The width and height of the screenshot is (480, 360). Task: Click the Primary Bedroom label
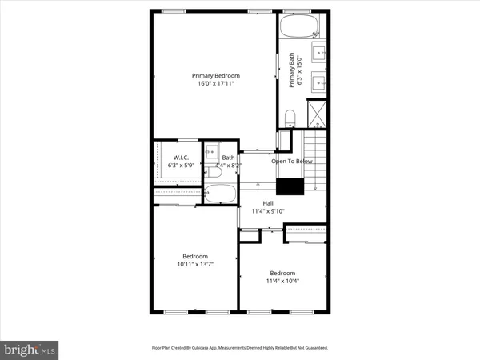(x=215, y=76)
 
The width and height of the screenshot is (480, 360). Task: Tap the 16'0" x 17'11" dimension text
(x=215, y=85)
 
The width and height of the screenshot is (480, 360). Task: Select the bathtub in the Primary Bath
(x=299, y=28)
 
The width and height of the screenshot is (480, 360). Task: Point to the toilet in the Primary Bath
(x=290, y=118)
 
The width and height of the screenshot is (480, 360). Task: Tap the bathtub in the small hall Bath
(x=219, y=194)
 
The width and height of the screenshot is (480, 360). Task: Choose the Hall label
(x=268, y=203)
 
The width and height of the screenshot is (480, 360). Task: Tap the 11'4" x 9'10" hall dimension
(x=268, y=211)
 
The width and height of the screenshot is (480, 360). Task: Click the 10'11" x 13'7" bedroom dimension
(x=194, y=264)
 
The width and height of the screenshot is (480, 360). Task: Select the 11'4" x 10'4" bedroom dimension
(x=282, y=280)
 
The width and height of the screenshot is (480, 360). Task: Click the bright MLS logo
(x=30, y=349)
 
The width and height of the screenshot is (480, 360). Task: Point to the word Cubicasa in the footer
(x=207, y=348)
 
